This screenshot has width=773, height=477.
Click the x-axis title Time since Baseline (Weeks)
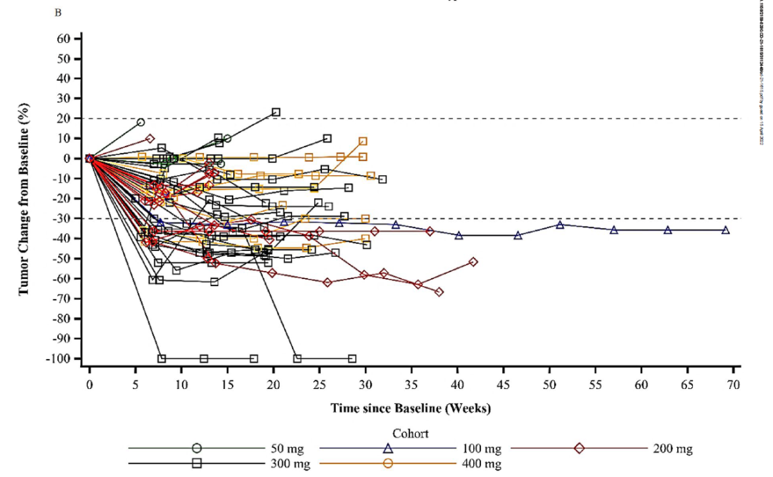(410, 408)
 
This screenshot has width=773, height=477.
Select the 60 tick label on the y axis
(69, 39)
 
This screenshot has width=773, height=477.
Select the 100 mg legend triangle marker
(388, 448)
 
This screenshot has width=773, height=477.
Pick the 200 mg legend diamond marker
(579, 448)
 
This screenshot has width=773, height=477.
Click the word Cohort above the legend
(410, 433)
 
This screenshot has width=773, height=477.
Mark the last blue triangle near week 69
(726, 230)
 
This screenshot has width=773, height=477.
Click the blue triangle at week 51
(560, 225)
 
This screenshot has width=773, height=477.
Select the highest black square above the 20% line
(276, 112)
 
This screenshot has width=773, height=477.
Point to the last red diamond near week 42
(473, 262)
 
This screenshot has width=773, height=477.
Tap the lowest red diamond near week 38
(439, 292)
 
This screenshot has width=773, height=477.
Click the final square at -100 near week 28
(351, 358)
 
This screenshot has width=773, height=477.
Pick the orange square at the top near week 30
(363, 142)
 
